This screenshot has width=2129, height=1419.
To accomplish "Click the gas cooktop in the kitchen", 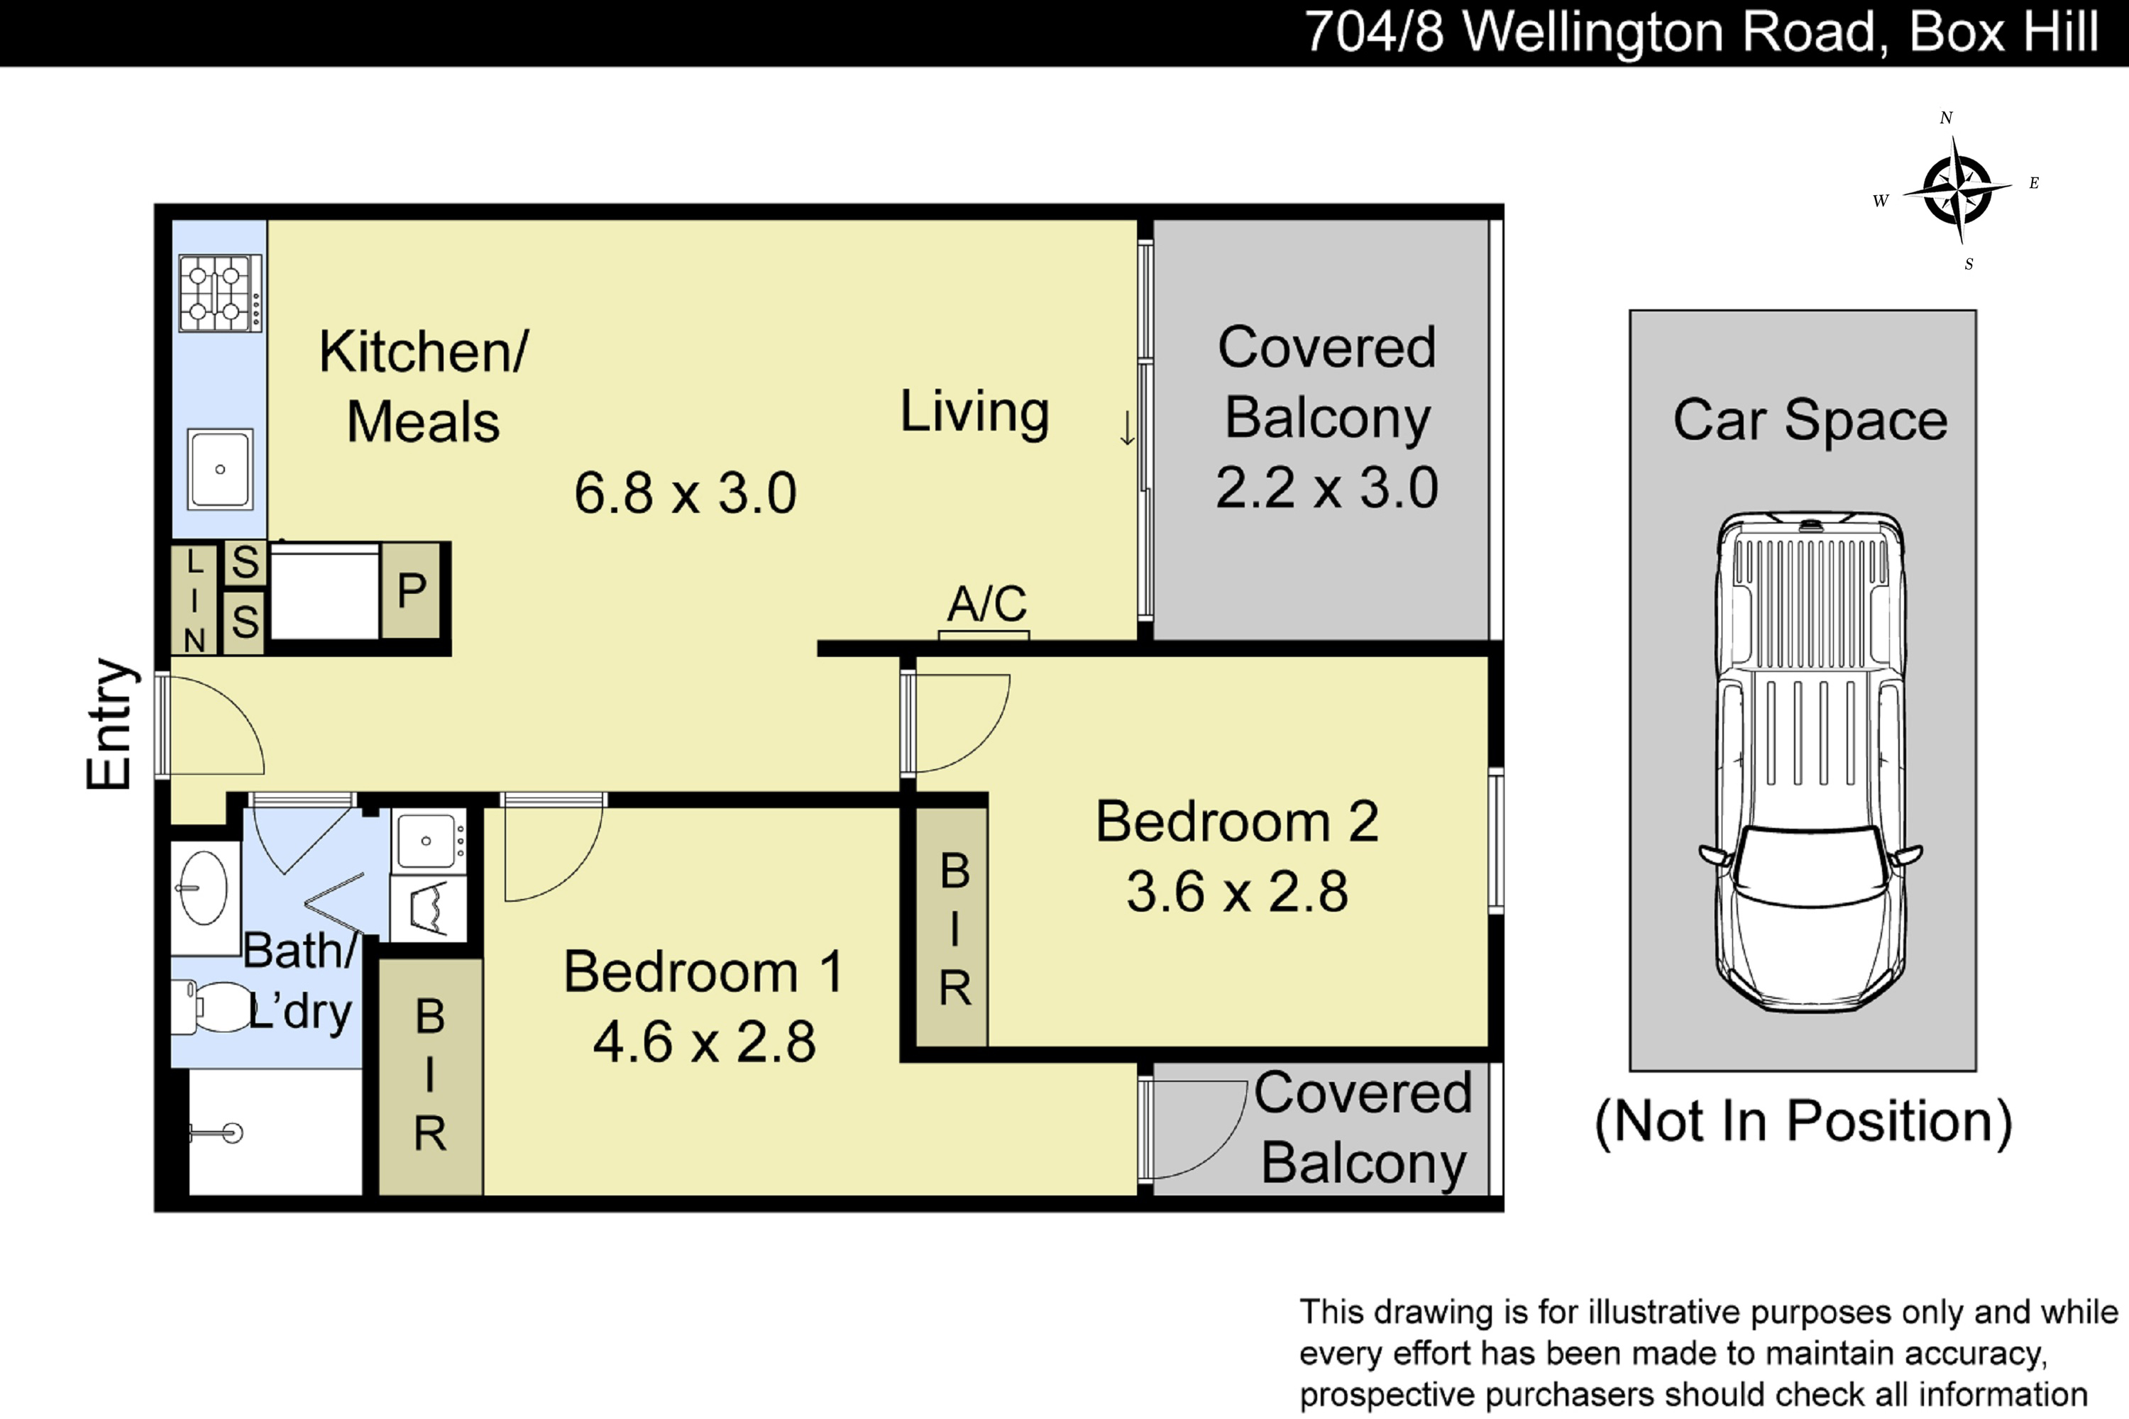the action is pyautogui.click(x=221, y=292).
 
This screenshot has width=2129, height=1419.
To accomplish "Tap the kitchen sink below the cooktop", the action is pyautogui.click(x=220, y=470).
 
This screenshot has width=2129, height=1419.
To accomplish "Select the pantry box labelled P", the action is pyautogui.click(x=411, y=591).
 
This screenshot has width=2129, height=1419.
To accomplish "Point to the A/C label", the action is pyautogui.click(x=986, y=604).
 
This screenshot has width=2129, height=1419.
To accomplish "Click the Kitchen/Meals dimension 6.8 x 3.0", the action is pyautogui.click(x=686, y=493).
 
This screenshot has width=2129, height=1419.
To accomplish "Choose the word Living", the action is pyautogui.click(x=975, y=413).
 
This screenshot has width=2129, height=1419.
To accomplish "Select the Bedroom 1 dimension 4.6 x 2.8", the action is pyautogui.click(x=704, y=1042).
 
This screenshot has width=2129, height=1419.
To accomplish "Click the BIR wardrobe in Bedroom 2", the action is pyautogui.click(x=952, y=927).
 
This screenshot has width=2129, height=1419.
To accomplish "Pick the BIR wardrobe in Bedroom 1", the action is pyautogui.click(x=430, y=1077).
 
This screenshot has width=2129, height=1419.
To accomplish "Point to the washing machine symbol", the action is pyautogui.click(x=429, y=907).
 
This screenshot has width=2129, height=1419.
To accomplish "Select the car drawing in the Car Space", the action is pyautogui.click(x=1810, y=762).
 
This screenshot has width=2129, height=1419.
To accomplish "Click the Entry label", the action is pyautogui.click(x=111, y=724).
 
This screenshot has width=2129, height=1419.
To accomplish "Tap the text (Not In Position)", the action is pyautogui.click(x=1803, y=1122).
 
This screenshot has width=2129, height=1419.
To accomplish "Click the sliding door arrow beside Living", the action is pyautogui.click(x=1127, y=428).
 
